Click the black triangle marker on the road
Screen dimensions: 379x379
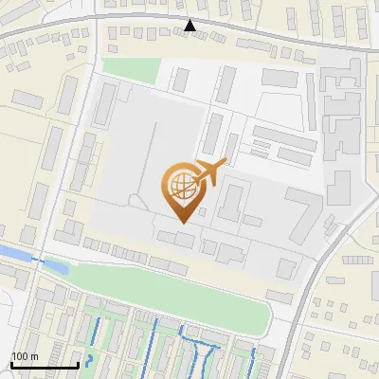click(x=190, y=26)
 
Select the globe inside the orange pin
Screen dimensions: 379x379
click(x=180, y=185)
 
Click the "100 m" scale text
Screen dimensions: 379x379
click(x=24, y=357)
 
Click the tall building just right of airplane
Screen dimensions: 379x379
click(x=231, y=201)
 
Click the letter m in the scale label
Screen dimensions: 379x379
click(x=33, y=357)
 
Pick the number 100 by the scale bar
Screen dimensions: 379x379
click(x=20, y=357)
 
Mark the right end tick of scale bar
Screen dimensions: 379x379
click(x=78, y=365)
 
